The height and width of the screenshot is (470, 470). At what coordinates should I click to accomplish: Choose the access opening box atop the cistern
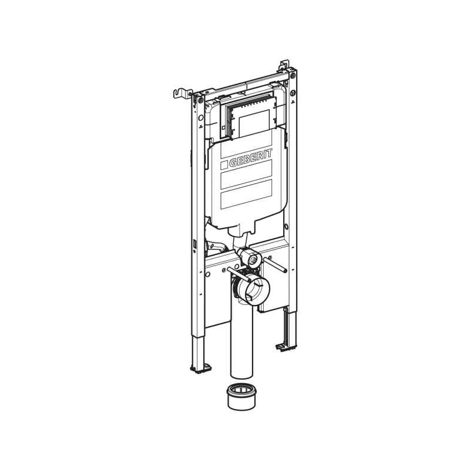click(249, 117)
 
